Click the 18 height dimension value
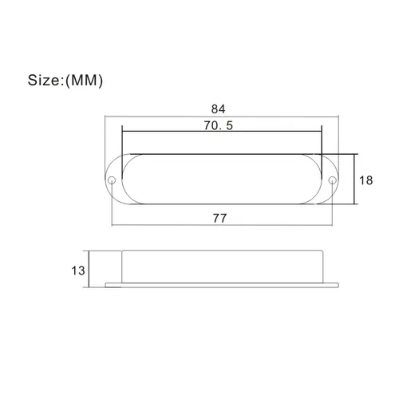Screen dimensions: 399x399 [365, 180]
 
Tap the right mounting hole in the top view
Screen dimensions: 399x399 [331, 180]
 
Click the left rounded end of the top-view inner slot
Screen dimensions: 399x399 [128, 180]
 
